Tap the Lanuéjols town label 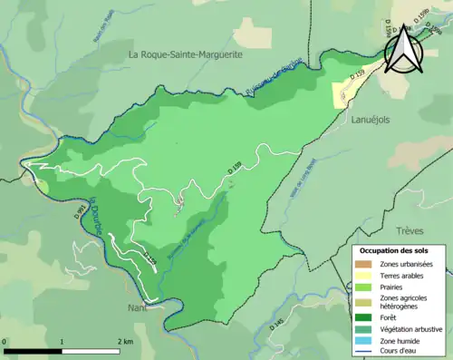(x=371, y=131)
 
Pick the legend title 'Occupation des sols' (x=393, y=249)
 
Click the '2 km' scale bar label (x=124, y=341)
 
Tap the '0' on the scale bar (x=6, y=341)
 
